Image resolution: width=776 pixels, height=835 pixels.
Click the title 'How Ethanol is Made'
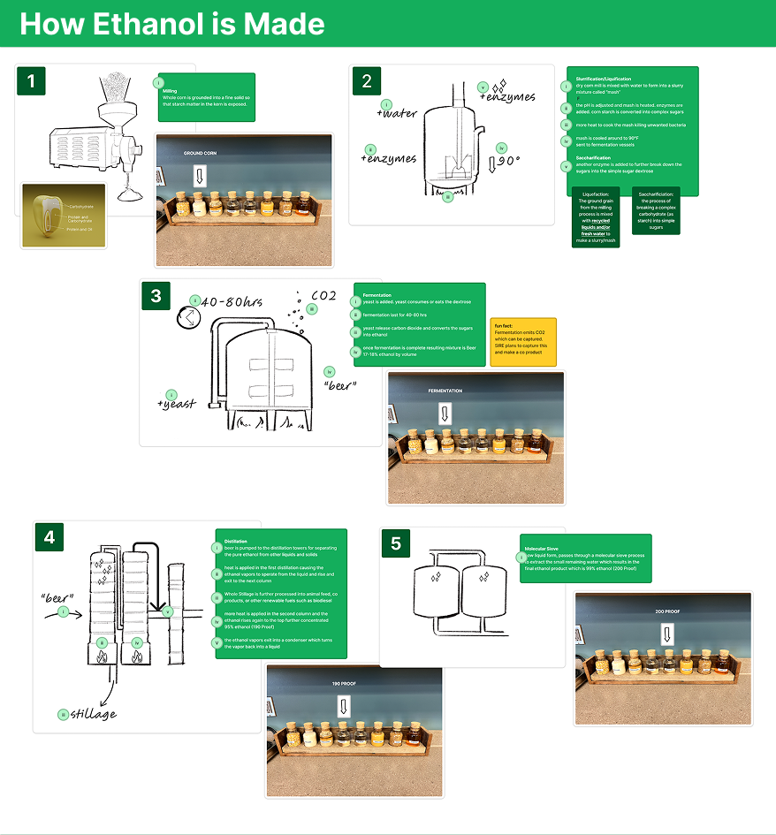click(172, 23)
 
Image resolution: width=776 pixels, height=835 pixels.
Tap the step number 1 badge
click(32, 82)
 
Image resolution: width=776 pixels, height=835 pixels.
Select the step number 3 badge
click(156, 296)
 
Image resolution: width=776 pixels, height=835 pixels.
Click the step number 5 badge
click(396, 543)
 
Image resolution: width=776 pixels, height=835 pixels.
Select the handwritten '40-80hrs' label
click(232, 302)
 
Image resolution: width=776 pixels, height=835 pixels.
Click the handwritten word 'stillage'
click(93, 714)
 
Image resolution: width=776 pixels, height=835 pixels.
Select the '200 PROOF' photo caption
click(667, 611)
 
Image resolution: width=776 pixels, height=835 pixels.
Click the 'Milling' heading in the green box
click(171, 90)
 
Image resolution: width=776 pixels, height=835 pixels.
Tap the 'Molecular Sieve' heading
click(541, 549)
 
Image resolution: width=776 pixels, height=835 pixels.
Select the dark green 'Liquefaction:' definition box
click(597, 216)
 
